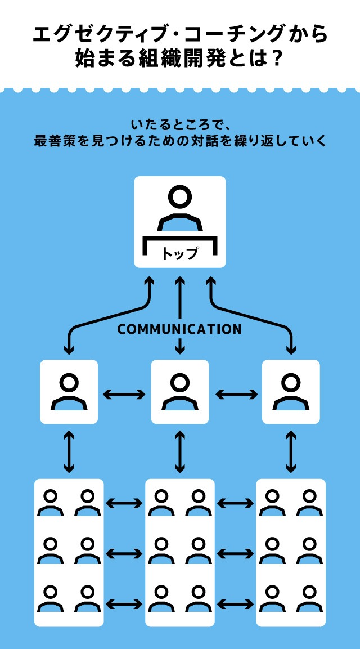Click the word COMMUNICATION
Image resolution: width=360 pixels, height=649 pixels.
click(179, 329)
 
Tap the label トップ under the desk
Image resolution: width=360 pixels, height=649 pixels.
click(180, 254)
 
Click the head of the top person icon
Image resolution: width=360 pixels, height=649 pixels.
click(180, 197)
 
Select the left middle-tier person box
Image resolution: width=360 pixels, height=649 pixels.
click(69, 392)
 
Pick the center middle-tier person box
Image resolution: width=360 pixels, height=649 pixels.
click(180, 392)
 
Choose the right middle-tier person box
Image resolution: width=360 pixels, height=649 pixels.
click(291, 392)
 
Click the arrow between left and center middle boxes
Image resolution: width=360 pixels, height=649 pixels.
click(124, 394)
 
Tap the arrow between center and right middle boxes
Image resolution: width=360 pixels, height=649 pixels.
click(236, 394)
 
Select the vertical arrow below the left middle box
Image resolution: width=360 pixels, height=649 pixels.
click(69, 451)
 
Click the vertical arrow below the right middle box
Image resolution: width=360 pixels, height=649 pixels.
click(291, 451)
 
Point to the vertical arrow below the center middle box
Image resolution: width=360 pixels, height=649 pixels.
click(180, 451)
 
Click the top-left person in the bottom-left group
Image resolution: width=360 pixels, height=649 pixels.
click(51, 503)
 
